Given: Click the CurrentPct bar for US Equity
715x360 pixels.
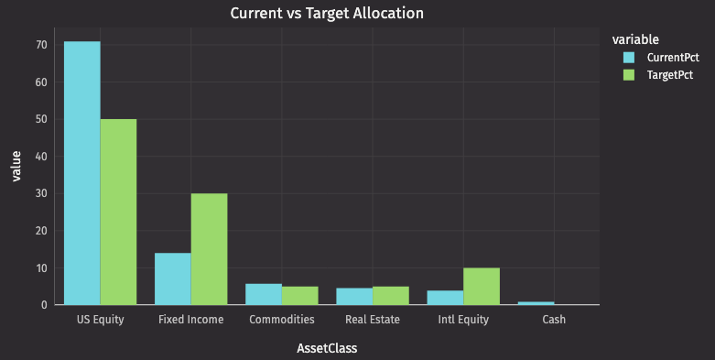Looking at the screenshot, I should click(x=81, y=173).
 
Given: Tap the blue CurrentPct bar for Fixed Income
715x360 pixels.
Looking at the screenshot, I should click(x=172, y=278).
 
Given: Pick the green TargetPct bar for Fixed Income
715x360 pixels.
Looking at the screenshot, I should click(x=209, y=248).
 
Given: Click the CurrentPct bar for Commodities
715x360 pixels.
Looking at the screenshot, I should click(x=263, y=294).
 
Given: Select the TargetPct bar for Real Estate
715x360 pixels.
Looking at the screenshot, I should click(x=390, y=295).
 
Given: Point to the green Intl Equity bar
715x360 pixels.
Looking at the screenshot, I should click(x=481, y=286).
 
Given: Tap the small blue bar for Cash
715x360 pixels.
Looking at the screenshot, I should click(x=536, y=302).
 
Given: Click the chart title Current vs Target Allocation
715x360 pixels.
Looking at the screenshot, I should click(x=327, y=13).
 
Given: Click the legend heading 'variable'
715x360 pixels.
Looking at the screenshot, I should click(x=635, y=38).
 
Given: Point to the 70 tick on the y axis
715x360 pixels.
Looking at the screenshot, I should click(x=41, y=44).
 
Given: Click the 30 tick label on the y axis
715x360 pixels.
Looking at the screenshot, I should click(x=41, y=193).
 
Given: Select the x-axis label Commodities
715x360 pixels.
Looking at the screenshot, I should click(x=281, y=320).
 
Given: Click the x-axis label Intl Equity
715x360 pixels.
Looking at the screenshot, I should click(x=462, y=320).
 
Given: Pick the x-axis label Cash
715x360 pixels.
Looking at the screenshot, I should click(x=553, y=320).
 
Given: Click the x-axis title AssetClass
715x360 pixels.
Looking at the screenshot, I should click(x=327, y=348).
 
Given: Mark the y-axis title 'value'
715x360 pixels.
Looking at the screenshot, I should click(x=16, y=166).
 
